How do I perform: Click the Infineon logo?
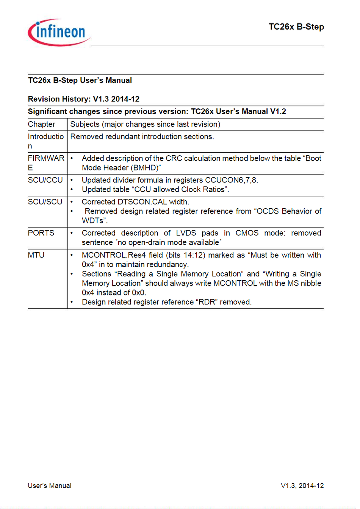coord(59,33)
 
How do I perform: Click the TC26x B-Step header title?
coord(296,27)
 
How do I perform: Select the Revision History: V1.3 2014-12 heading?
coord(83,99)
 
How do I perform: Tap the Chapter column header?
coord(41,124)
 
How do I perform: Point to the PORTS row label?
coord(41,233)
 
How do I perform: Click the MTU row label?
coord(36,255)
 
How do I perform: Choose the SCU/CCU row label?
coord(45,180)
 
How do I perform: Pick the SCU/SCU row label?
coord(45,202)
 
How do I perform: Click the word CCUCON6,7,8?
coord(231,180)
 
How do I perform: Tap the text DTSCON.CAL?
coord(142,202)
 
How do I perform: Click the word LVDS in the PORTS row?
coord(186,233)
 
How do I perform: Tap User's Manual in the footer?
coord(50,486)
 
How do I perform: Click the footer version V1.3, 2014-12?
coord(302,486)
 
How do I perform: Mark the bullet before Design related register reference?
coord(72,302)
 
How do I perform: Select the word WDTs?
coord(94,220)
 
